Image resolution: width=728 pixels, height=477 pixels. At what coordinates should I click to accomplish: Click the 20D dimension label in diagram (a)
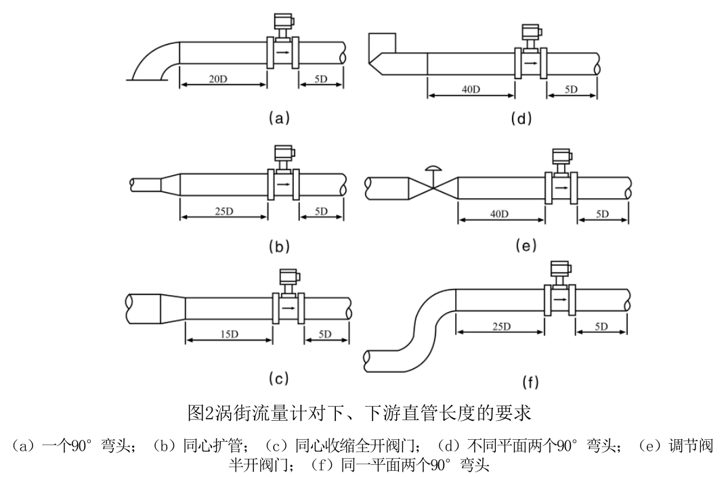[x=217, y=79]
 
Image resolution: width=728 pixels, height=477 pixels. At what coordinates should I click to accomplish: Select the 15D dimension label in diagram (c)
[x=228, y=334]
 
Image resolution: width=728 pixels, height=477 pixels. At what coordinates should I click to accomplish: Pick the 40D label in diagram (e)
[x=500, y=214]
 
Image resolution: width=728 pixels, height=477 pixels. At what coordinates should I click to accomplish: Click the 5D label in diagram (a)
[x=321, y=79]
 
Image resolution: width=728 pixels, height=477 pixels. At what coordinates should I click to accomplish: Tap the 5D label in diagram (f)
[x=601, y=327]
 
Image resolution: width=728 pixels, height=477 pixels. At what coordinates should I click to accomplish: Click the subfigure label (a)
[x=278, y=118]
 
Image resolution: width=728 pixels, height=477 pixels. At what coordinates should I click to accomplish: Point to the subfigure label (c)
[x=278, y=378]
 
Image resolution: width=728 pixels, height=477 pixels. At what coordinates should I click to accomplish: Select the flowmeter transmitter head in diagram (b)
[x=282, y=156]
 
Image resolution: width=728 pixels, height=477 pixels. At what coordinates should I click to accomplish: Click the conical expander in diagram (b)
[x=170, y=183]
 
